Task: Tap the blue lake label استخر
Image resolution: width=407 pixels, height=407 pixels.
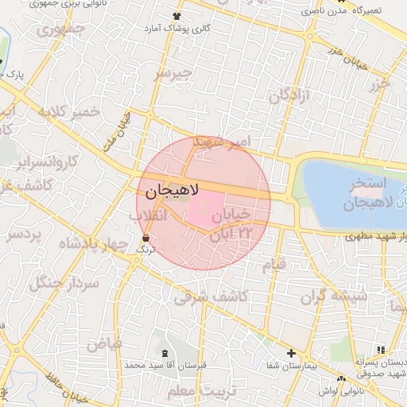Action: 366,184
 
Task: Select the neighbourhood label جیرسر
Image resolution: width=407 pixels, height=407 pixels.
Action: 174,74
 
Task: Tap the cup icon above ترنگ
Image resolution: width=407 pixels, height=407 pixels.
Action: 145,238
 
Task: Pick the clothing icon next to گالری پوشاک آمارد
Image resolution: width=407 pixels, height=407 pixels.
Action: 175,16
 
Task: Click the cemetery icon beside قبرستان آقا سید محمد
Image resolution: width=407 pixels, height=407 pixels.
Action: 165,352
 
